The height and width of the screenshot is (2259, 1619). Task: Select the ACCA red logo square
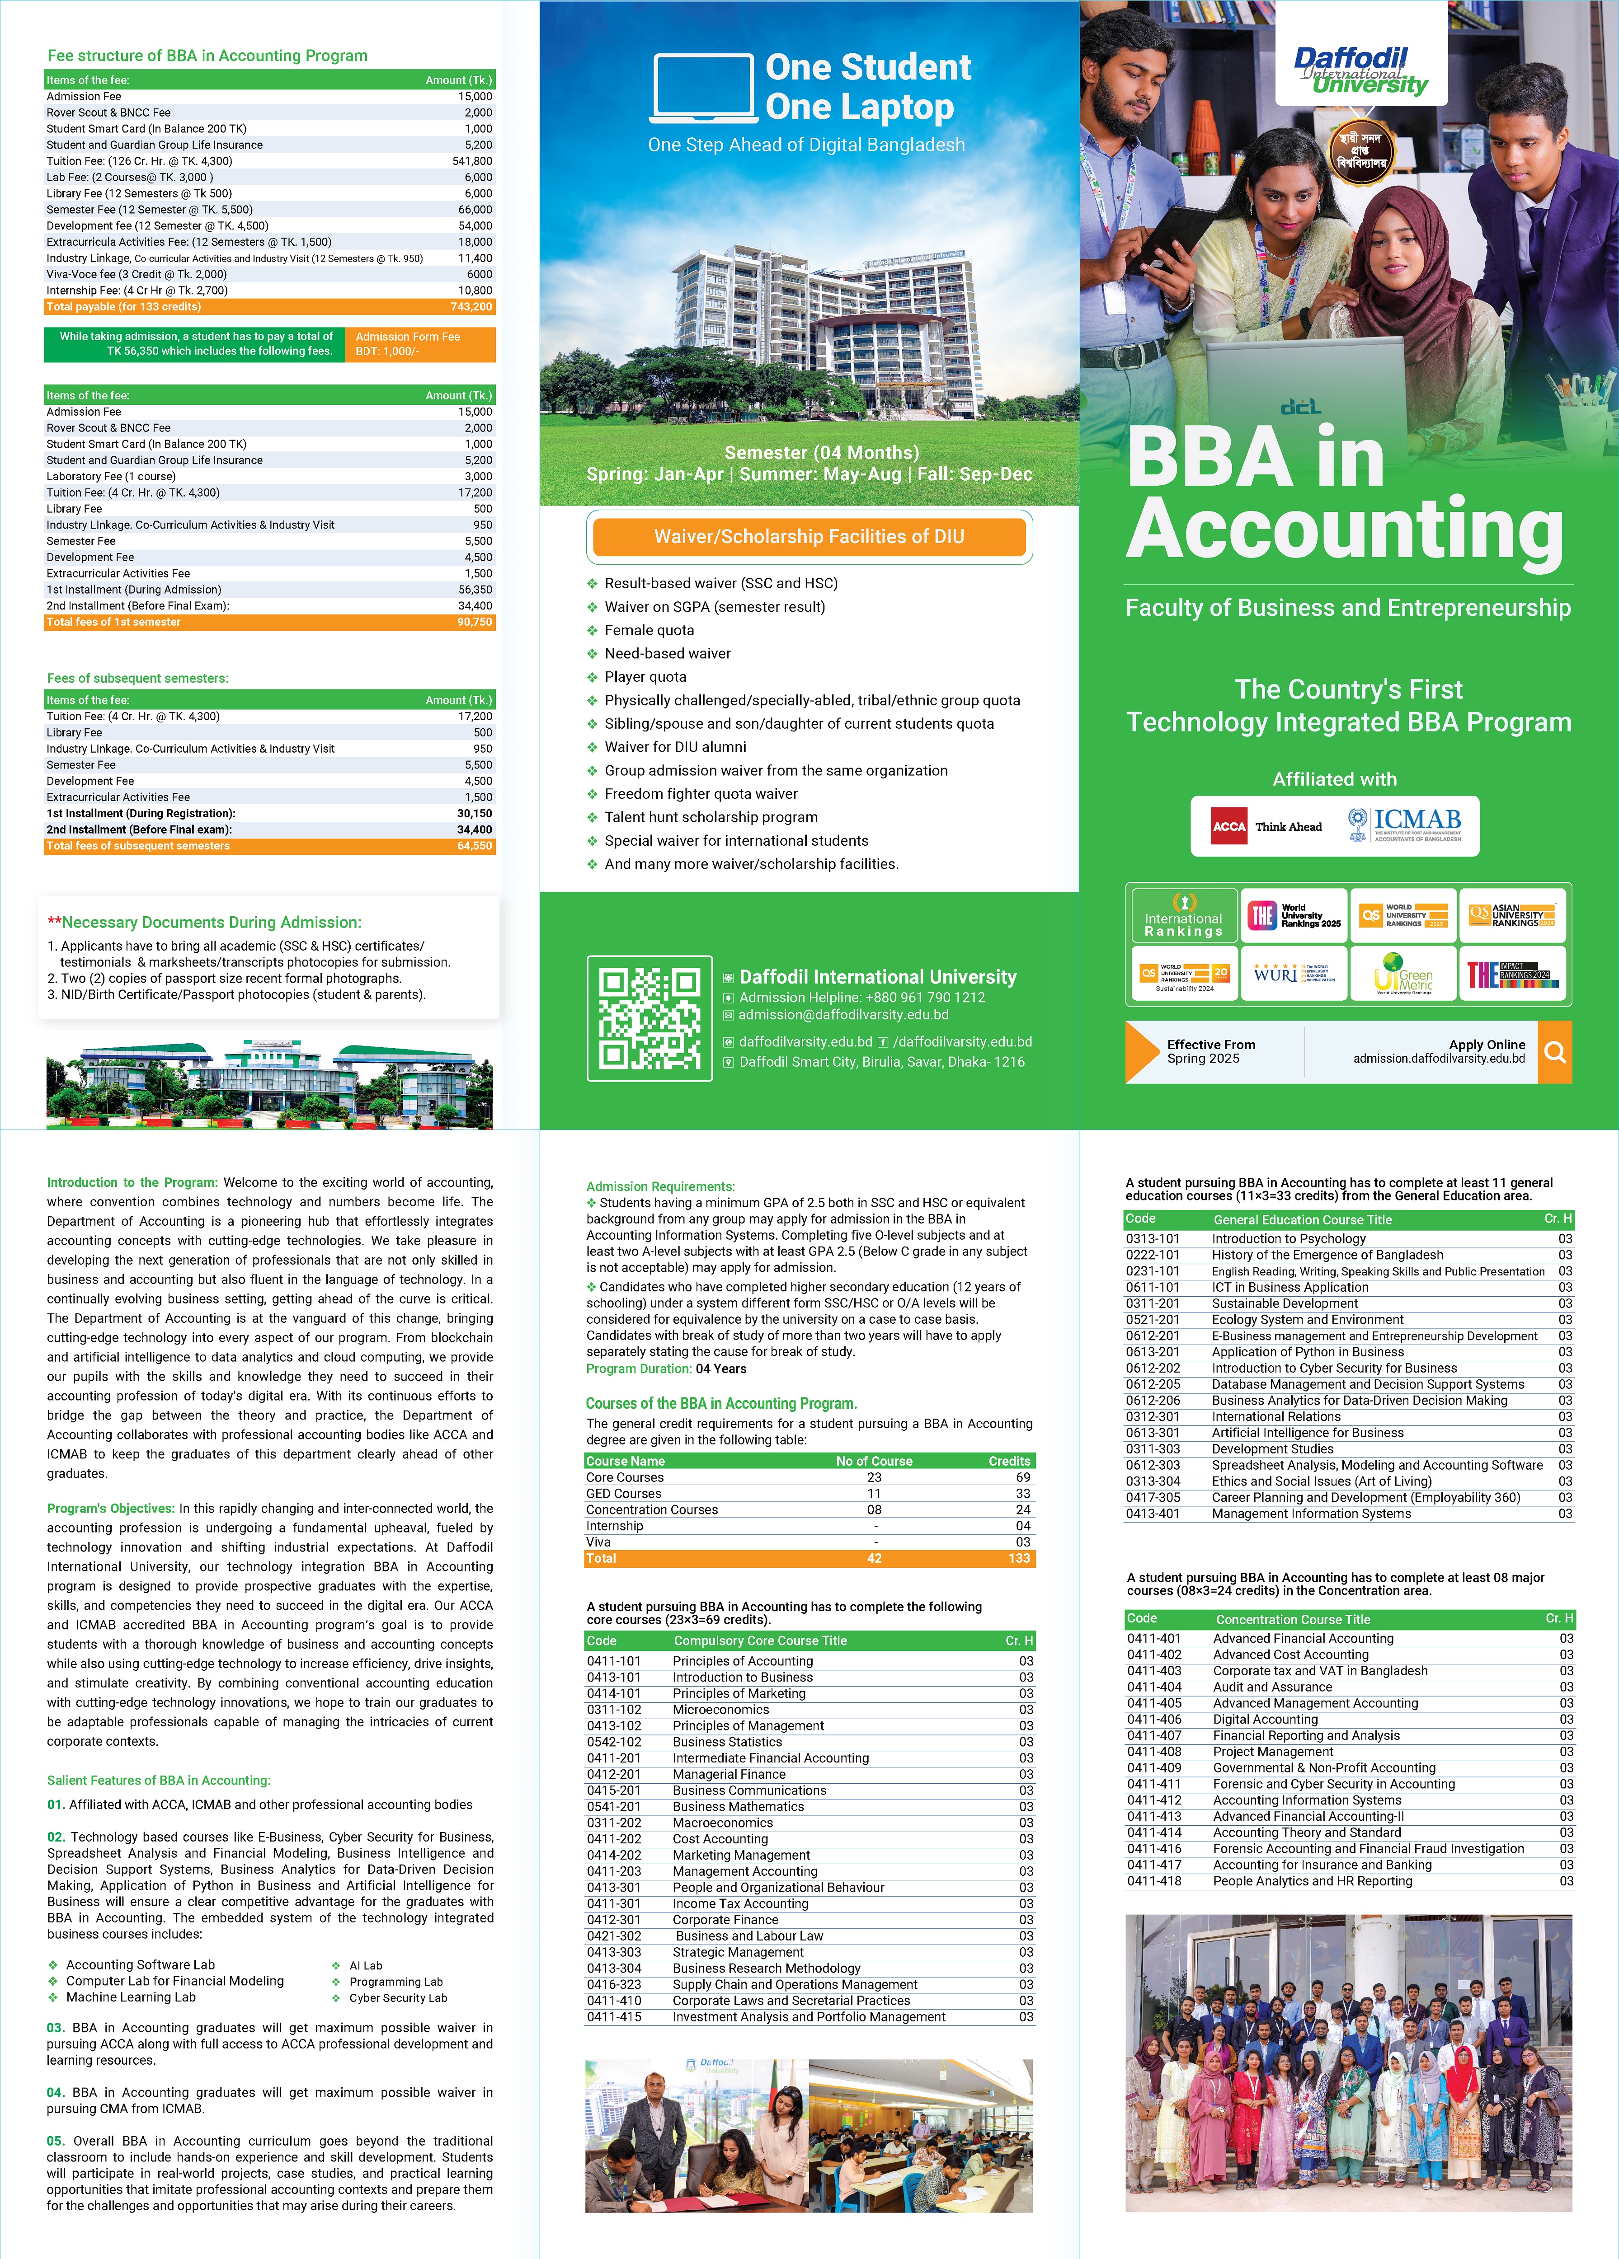point(1228,827)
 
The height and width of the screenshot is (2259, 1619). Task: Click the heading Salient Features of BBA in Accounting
point(158,1780)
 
